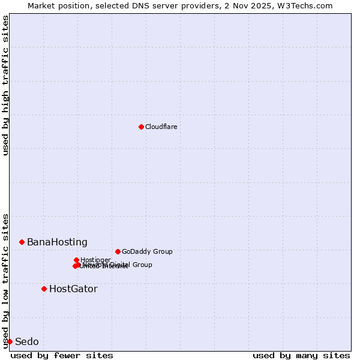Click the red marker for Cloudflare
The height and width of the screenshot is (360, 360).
tap(141, 127)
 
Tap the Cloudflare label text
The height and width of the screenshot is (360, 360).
tap(161, 127)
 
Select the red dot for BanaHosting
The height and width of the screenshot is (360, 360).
tap(22, 242)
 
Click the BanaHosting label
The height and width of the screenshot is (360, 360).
tap(57, 242)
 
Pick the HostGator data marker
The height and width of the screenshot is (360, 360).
tap(44, 289)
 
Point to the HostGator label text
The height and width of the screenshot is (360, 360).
tap(73, 289)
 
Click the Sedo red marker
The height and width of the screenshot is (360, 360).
tap(10, 341)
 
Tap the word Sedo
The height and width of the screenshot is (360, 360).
tap(27, 341)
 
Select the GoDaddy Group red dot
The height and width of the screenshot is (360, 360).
tap(118, 251)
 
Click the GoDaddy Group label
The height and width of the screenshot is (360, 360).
tap(147, 251)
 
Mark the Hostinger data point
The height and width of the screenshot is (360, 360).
tap(76, 260)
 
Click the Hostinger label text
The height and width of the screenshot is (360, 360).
tap(95, 260)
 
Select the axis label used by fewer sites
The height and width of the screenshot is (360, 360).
tap(62, 355)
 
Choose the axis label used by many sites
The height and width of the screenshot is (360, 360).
tap(301, 355)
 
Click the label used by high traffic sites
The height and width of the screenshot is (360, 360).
tap(5, 85)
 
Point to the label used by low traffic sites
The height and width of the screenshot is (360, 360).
tap(5, 281)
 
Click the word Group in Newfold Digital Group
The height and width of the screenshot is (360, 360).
tap(142, 265)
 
